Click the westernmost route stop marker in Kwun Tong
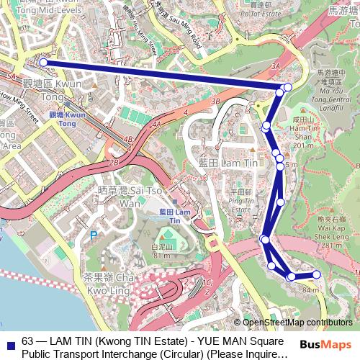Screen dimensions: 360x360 (43, 63)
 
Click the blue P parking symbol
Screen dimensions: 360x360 (93, 234)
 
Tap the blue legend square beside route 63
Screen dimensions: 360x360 (10, 341)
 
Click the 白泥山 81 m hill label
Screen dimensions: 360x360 (161, 250)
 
